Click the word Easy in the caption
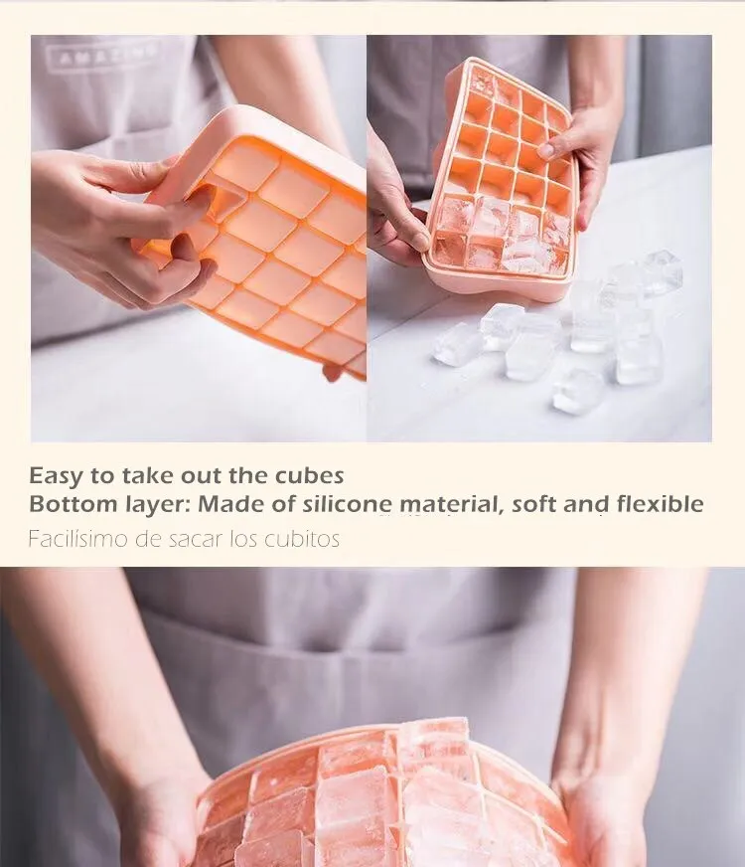[56, 476]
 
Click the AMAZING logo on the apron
[102, 54]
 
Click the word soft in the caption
[533, 504]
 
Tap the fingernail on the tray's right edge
[545, 150]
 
